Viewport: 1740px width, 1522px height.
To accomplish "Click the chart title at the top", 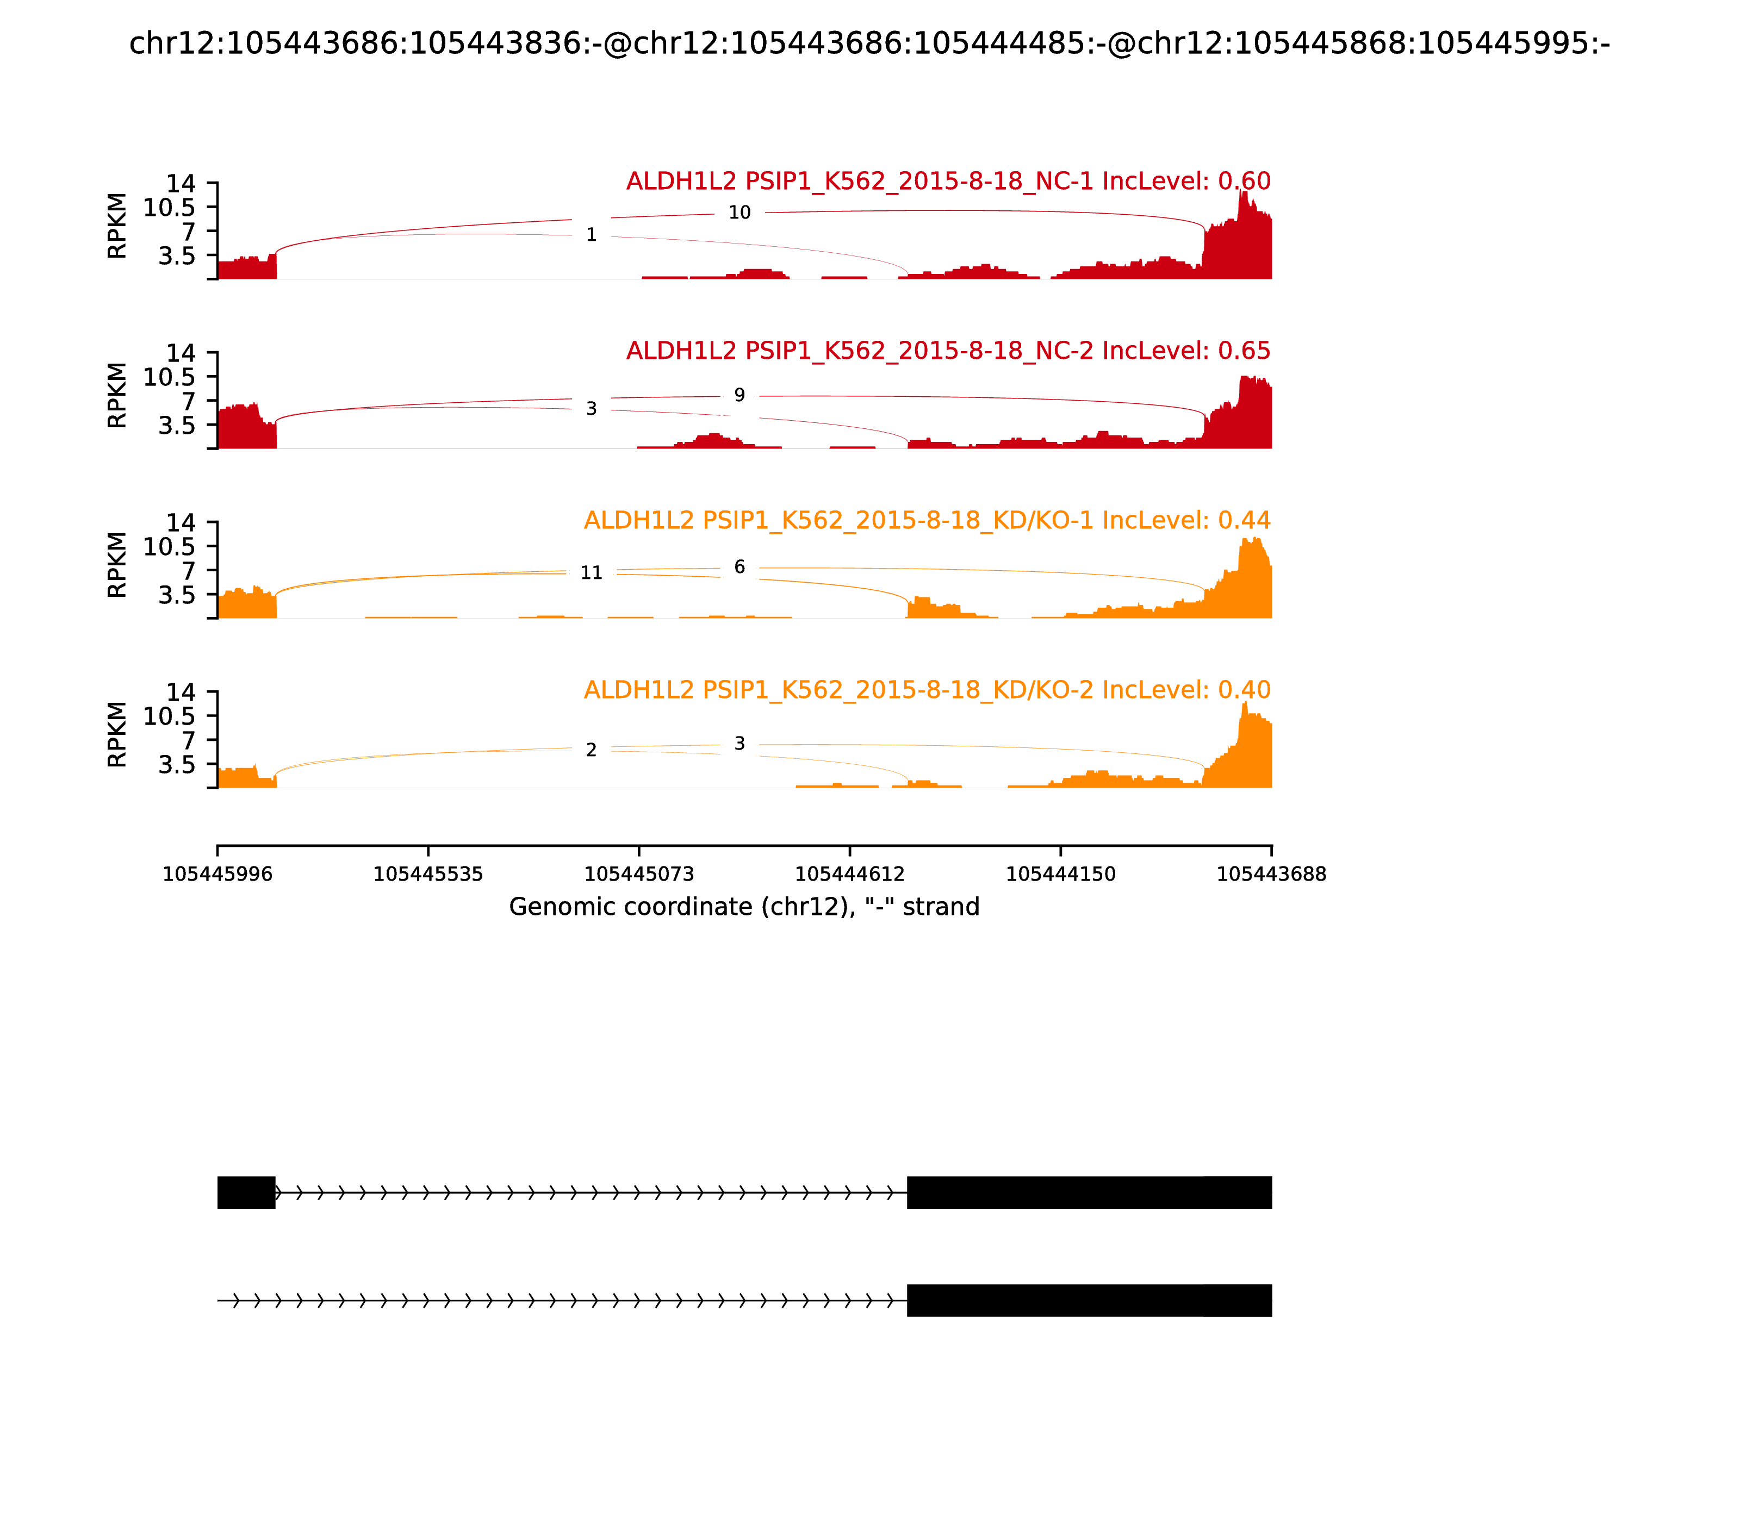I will coord(869,44).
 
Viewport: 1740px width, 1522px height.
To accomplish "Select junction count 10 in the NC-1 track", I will coord(739,213).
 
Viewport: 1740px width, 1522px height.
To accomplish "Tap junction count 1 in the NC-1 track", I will coord(592,235).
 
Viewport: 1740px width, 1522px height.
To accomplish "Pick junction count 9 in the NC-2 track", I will coord(739,395).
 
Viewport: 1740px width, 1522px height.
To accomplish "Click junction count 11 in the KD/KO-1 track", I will coord(592,573).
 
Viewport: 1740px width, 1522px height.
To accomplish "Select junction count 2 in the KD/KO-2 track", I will coord(592,750).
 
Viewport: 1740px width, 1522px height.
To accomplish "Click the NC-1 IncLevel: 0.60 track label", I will coord(948,181).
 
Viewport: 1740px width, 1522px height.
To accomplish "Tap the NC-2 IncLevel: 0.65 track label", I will coord(948,351).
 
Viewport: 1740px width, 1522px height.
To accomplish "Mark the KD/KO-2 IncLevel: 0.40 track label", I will coord(927,690).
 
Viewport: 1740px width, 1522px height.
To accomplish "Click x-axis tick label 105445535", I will coord(428,874).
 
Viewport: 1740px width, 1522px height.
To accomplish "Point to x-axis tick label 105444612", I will coord(849,874).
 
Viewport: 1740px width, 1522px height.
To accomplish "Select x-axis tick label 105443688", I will coord(1271,874).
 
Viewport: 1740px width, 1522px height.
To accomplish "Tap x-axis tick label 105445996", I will coord(217,874).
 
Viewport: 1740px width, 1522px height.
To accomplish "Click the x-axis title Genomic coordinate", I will coord(744,907).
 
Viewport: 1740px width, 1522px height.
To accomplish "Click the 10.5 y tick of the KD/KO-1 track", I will coord(169,547).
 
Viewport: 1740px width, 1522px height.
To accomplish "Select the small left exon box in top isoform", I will coord(246,1193).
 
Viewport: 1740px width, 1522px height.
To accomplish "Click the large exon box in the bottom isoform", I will coord(1089,1300).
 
